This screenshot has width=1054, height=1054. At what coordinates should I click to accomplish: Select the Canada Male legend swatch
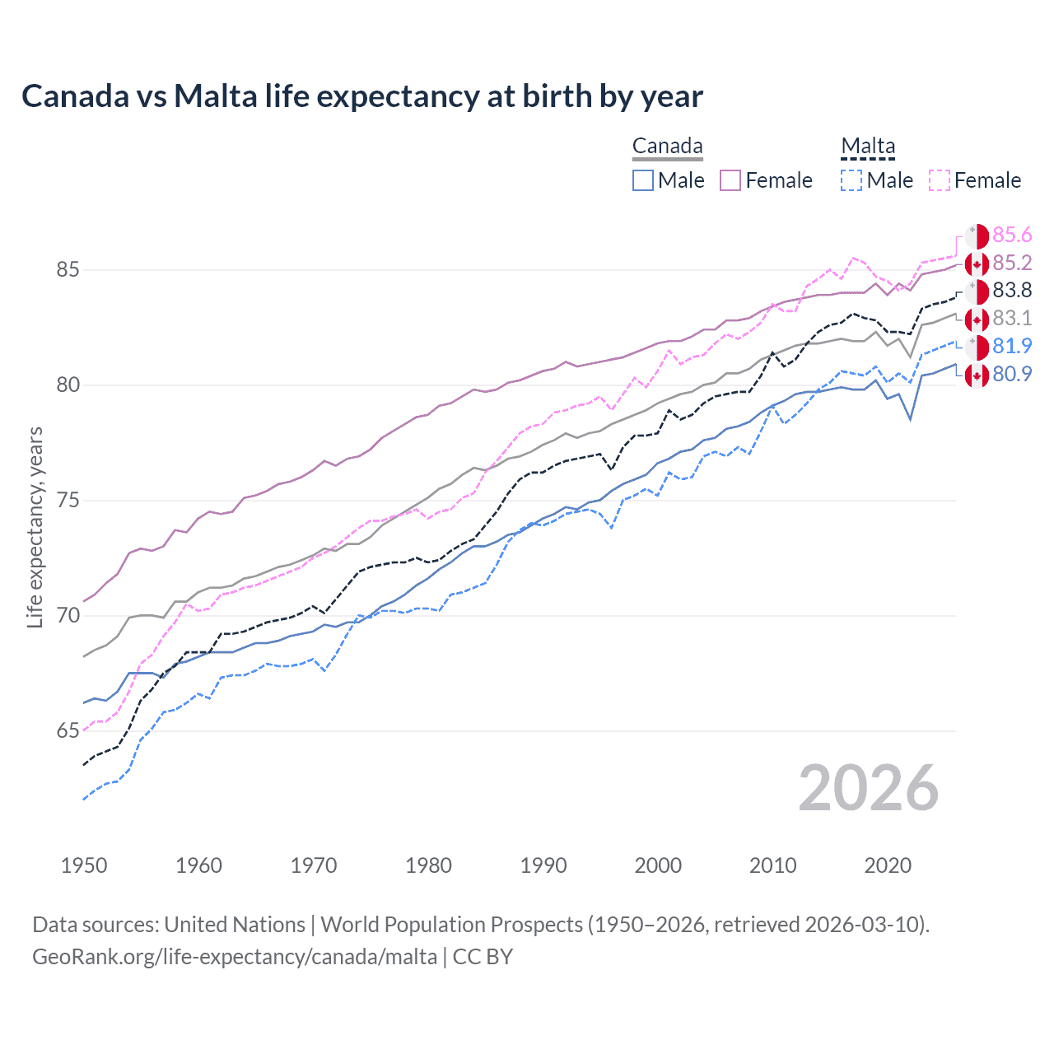[643, 180]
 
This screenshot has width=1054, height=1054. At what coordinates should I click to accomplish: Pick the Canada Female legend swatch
[730, 180]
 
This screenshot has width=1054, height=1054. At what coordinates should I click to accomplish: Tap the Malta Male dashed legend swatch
[851, 180]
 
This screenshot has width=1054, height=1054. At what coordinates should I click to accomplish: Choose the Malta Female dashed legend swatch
[939, 180]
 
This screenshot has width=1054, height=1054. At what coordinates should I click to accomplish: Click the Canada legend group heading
[667, 147]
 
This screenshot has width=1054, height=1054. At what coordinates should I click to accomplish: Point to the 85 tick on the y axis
[68, 270]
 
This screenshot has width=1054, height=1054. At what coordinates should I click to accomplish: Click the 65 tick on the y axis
[68, 731]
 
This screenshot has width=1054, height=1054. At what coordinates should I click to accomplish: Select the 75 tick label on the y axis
[68, 501]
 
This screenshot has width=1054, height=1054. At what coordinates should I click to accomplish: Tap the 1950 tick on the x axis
[84, 865]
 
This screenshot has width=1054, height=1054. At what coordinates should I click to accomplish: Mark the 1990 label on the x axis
[543, 865]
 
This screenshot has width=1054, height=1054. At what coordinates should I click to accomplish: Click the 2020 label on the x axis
[888, 865]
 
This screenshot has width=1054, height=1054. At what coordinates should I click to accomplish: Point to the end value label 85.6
[1012, 236]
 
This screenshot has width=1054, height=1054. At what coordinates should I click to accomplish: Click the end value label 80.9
[1012, 375]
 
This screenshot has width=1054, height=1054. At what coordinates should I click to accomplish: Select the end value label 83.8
[1012, 291]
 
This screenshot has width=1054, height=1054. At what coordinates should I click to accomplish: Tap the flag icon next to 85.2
[977, 264]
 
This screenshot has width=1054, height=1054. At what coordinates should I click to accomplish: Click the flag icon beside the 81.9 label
[977, 347]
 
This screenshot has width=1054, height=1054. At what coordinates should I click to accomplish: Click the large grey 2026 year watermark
[869, 789]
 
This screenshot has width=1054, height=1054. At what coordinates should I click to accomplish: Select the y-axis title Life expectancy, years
[35, 527]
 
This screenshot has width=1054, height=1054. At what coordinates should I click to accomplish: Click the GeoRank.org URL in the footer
[235, 957]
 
